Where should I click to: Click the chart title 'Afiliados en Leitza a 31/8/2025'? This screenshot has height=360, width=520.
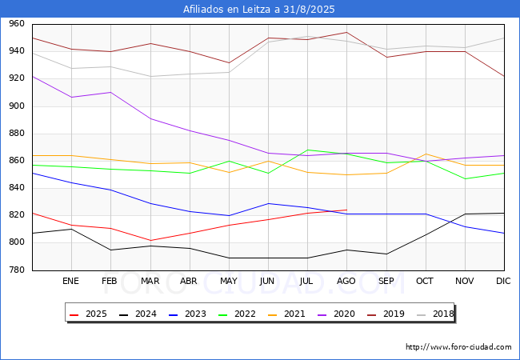(x=259, y=10)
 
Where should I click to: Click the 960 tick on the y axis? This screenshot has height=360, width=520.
(x=16, y=25)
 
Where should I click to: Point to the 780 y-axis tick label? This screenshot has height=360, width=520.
(x=16, y=270)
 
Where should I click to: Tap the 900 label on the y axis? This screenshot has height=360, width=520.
(x=16, y=106)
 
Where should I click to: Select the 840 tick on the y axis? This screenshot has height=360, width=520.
(x=16, y=189)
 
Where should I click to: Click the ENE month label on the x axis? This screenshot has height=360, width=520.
(x=70, y=282)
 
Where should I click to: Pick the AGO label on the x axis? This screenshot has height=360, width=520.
(x=346, y=282)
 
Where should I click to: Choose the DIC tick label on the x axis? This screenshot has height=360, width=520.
(x=503, y=282)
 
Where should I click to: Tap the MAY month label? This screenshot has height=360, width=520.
(x=228, y=282)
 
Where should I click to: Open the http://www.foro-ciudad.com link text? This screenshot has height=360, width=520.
(x=458, y=347)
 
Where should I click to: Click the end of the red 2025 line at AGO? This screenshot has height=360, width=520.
(x=346, y=210)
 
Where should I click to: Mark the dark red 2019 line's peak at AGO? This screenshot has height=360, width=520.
(x=346, y=33)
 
